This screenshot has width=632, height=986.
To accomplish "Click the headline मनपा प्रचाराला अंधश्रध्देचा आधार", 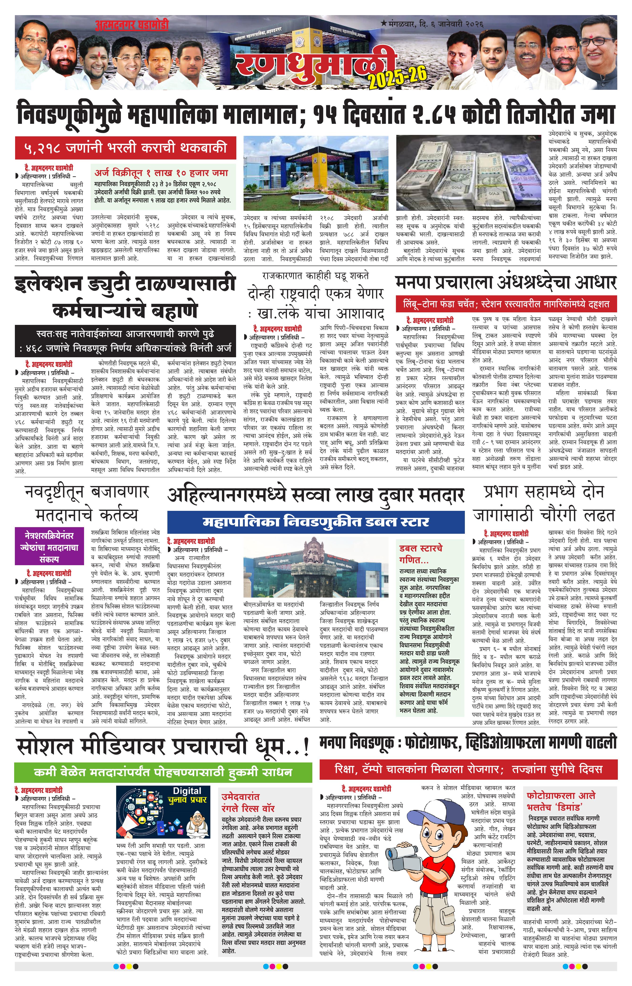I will (506, 283).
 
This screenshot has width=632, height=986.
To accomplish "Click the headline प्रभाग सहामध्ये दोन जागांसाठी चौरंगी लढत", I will (544, 504).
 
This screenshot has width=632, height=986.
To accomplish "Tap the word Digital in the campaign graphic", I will (187, 791).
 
